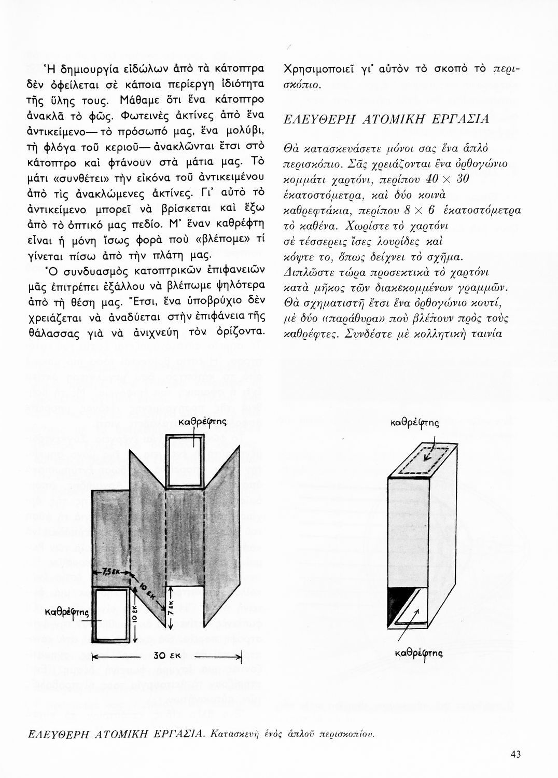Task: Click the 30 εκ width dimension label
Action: (166, 656)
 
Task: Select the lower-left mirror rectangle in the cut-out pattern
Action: (110, 615)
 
